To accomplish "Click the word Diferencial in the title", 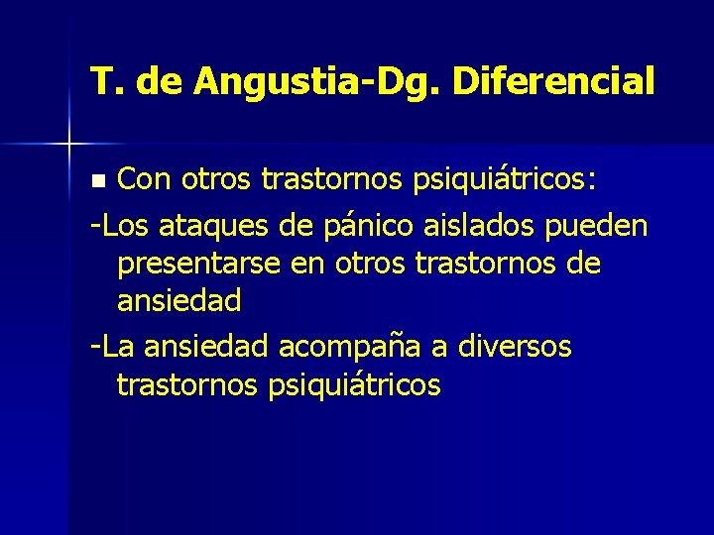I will pos(552,81).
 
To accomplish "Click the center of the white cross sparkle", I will pos(69,145).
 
